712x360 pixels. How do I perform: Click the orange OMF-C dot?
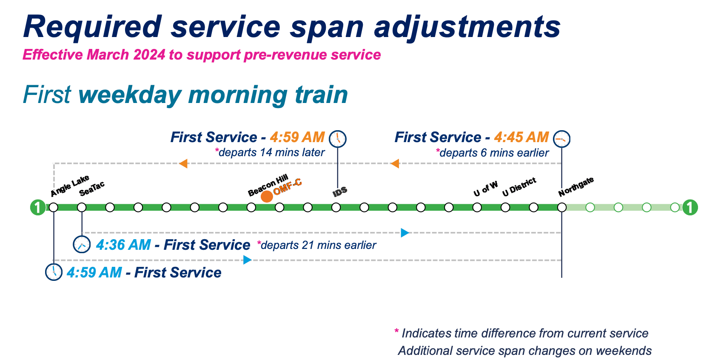click(267, 197)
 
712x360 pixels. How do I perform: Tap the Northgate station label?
click(576, 187)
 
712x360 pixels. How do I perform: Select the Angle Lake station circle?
click(54, 208)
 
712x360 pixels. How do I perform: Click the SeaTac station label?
click(92, 189)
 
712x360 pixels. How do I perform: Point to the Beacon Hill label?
click(268, 185)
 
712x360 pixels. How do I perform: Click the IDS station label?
click(340, 192)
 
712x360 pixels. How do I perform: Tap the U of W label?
click(485, 189)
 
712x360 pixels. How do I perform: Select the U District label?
click(519, 187)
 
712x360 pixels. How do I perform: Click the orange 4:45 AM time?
click(521, 137)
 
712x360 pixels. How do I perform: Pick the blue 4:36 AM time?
click(123, 245)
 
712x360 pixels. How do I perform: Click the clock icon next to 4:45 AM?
click(561, 139)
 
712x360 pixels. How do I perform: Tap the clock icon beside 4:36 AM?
click(82, 245)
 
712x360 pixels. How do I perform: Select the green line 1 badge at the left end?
click(38, 208)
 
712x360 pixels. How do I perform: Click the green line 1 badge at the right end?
click(690, 208)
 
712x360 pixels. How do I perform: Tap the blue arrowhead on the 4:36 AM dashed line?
click(405, 233)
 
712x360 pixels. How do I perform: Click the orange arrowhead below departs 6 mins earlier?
click(395, 163)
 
